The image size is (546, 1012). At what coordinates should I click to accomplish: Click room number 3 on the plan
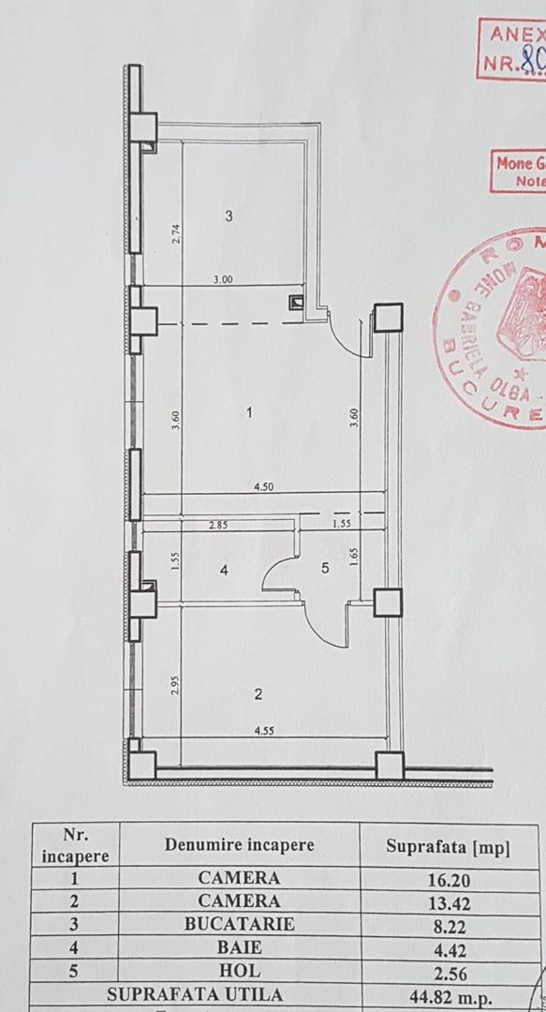click(x=229, y=216)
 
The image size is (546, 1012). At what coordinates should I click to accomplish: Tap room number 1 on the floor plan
click(x=248, y=410)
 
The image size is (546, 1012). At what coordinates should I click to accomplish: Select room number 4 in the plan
click(x=223, y=570)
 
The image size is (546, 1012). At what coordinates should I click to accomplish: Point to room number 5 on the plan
click(x=325, y=566)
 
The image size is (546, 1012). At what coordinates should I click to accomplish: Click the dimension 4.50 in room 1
click(x=263, y=486)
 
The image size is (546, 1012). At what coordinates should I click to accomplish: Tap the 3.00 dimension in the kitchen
click(x=222, y=279)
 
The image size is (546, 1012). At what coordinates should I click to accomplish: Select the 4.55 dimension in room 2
click(x=262, y=732)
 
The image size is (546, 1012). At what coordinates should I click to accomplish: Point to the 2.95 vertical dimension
click(x=175, y=685)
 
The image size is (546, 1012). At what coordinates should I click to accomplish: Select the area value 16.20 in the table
click(x=448, y=881)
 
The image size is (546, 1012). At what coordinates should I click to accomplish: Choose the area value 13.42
click(x=448, y=903)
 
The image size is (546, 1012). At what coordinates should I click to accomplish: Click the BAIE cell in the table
click(x=239, y=946)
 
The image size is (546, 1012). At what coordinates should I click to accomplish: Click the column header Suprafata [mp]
click(x=448, y=848)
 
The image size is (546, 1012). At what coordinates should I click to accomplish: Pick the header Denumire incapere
click(x=240, y=845)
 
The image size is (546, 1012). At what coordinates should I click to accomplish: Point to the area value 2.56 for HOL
click(x=448, y=971)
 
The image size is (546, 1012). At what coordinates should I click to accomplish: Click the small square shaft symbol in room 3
click(x=297, y=303)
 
